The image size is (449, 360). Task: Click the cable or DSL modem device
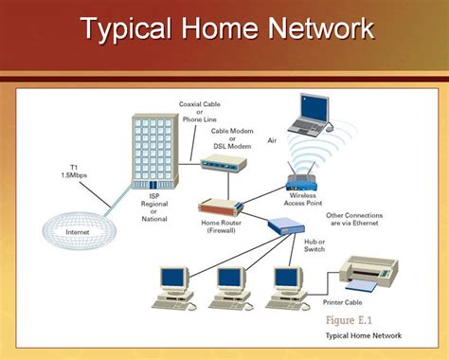click(224, 164)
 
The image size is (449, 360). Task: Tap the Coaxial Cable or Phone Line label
click(198, 112)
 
